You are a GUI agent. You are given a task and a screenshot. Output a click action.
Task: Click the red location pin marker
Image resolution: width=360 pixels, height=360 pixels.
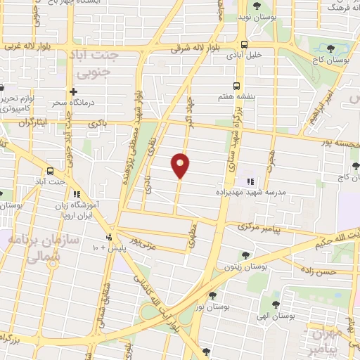click(180, 165)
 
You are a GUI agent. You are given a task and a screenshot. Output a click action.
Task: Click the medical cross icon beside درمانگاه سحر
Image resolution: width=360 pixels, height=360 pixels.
click(73, 91)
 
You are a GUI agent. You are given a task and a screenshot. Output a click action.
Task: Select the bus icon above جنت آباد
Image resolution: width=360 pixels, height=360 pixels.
click(50, 172)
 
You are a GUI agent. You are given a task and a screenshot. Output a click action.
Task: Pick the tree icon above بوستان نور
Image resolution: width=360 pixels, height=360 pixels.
click(212, 295)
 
